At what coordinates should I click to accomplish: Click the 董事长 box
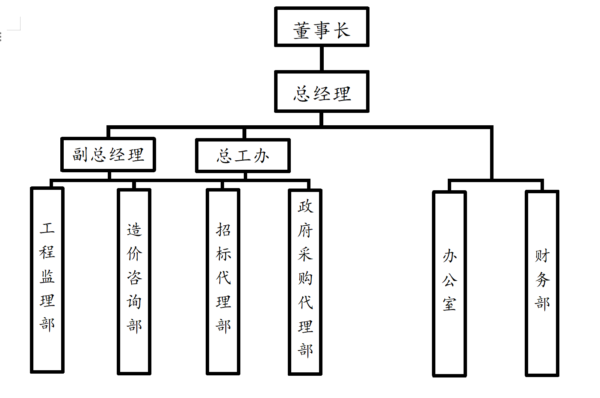(322, 27)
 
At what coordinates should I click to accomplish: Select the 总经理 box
(322, 92)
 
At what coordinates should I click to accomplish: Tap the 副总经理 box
(108, 154)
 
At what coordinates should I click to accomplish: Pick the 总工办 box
(243, 156)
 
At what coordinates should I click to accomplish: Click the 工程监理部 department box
(47, 280)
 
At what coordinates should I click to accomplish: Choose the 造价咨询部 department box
(134, 282)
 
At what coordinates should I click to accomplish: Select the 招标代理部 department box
(223, 282)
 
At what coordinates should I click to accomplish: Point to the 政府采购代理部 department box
(305, 282)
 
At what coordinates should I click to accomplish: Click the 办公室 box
(449, 284)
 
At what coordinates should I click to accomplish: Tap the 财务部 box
(542, 284)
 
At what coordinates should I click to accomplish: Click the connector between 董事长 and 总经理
(322, 59)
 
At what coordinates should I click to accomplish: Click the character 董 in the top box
(301, 31)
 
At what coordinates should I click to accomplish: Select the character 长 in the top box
(342, 31)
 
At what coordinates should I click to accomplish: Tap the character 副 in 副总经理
(80, 154)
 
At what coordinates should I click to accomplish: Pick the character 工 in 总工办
(243, 156)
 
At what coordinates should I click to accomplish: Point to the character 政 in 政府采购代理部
(305, 206)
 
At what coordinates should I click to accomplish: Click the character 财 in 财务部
(542, 256)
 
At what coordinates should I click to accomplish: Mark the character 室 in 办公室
(449, 304)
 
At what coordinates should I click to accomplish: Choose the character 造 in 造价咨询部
(134, 230)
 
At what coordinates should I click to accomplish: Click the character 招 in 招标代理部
(223, 230)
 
